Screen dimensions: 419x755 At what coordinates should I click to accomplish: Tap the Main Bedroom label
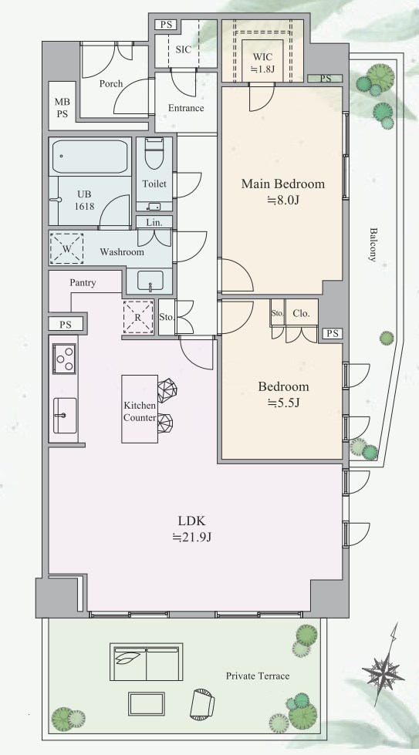point(282,184)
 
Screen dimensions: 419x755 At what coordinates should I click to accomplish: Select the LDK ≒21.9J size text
point(192,537)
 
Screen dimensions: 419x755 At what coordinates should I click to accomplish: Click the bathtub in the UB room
point(90,157)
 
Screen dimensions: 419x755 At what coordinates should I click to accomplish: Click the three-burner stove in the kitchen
point(64,359)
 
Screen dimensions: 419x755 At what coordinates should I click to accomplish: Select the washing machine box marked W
point(66,248)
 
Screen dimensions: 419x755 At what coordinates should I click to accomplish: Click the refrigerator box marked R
point(138,317)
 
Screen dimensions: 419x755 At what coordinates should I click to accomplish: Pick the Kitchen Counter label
point(140,412)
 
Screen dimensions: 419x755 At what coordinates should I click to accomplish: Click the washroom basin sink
point(150,281)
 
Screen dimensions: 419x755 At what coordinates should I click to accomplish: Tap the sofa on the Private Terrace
point(147,662)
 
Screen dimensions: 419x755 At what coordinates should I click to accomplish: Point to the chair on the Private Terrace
point(202,704)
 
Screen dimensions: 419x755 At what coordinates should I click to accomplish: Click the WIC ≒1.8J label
point(262,62)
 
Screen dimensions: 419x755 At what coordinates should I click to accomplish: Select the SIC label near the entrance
point(184,49)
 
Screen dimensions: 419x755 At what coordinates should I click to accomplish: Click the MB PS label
point(63,108)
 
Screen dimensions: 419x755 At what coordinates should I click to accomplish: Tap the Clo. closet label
point(301,313)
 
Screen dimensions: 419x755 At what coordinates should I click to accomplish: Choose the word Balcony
point(373,244)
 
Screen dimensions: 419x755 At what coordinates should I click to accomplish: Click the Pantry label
point(83,283)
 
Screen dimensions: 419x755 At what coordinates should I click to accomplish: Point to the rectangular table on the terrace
point(147,703)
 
